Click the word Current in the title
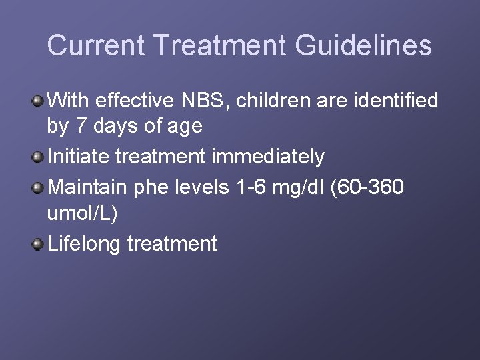[x=96, y=45]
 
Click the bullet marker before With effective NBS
[x=38, y=101]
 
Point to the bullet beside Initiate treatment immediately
[x=38, y=157]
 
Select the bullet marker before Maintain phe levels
[x=38, y=188]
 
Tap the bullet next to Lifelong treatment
[x=38, y=244]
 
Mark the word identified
[x=395, y=101]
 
